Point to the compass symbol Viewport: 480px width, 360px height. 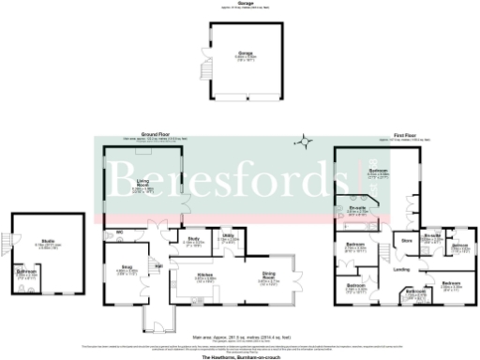pyautogui.click(x=302, y=142)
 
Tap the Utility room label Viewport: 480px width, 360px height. pyautogui.click(x=228, y=237)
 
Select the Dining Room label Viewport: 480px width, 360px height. pyautogui.click(x=269, y=275)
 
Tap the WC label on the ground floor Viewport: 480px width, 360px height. pyautogui.click(x=121, y=232)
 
